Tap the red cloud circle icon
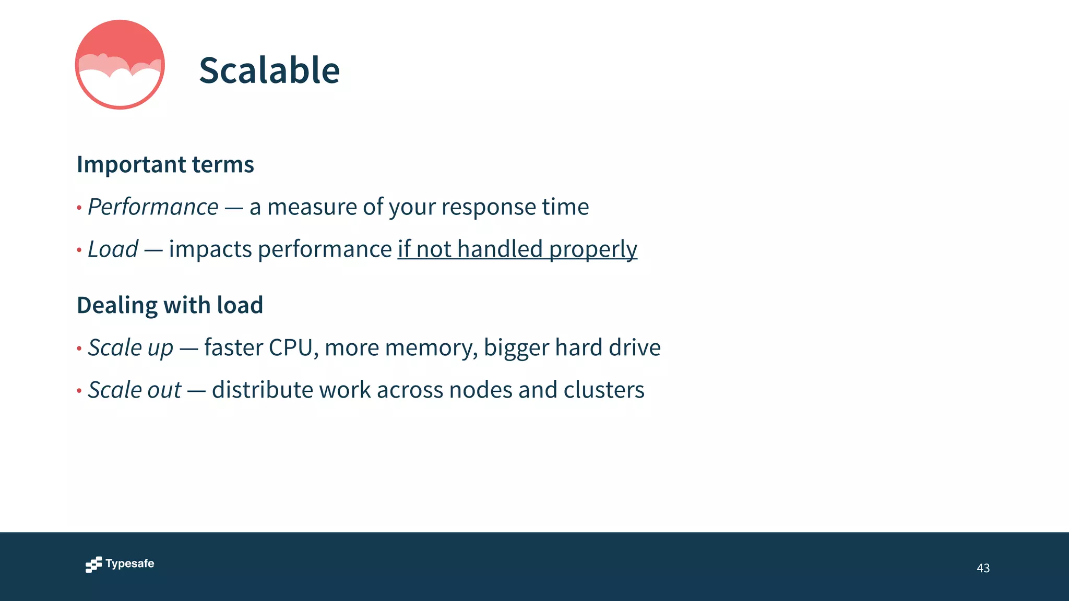coord(120,65)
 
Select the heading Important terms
coord(165,164)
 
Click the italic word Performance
coord(153,207)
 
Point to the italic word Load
coord(113,249)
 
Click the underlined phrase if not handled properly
coord(517,249)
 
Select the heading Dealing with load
coord(170,305)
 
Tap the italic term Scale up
coord(130,348)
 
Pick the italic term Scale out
coord(134,390)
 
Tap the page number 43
coord(983,568)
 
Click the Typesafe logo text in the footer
coord(129,563)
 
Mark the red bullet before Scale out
coord(79,391)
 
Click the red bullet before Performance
coord(79,208)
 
